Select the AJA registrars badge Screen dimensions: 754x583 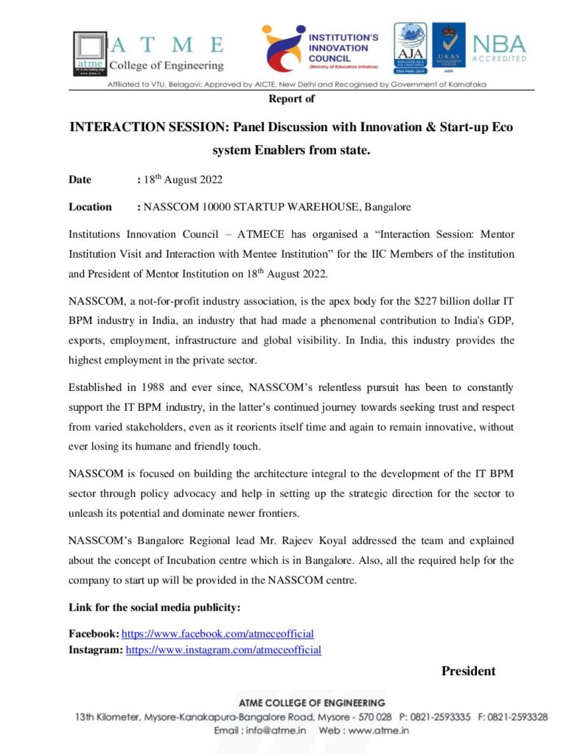(410, 49)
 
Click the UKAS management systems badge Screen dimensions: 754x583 (448, 49)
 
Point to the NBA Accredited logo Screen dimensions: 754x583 (499, 49)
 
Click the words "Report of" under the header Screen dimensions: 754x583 (291, 99)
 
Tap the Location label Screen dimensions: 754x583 (90, 207)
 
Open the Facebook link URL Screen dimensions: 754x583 (217, 634)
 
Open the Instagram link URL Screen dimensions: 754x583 (223, 650)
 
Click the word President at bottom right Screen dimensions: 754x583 (468, 671)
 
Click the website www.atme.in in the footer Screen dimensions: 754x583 (378, 731)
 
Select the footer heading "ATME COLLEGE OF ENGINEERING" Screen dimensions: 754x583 (311, 703)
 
